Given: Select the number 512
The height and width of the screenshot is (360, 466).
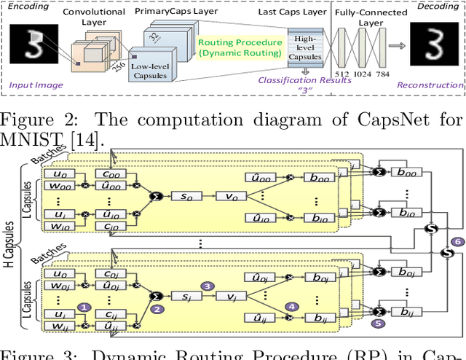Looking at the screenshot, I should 341,73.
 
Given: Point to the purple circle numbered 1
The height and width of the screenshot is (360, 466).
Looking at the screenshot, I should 85,308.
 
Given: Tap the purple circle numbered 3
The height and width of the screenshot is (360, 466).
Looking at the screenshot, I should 207,286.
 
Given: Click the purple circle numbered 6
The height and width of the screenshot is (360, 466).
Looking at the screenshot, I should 457,242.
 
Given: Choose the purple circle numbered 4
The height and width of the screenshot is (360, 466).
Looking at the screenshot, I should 293,308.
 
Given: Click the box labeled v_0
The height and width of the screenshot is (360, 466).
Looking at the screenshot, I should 232,196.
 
